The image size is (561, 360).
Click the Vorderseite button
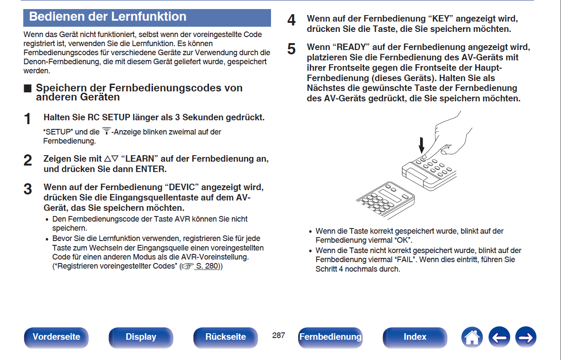(56, 337)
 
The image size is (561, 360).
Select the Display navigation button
(141, 337)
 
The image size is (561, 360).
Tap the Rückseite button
(225, 337)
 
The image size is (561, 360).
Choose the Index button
(415, 337)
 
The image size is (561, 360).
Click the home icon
(472, 337)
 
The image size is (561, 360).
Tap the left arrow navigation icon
(499, 337)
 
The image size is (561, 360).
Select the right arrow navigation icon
(526, 337)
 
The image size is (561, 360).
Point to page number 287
(279, 335)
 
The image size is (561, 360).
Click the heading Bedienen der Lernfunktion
(108, 17)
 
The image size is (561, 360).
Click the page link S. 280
(206, 266)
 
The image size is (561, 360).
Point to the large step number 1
(28, 119)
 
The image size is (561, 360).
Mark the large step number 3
(28, 189)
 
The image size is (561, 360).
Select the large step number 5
(291, 49)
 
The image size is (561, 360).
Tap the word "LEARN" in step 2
(140, 159)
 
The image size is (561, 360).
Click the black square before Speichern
(28, 88)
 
